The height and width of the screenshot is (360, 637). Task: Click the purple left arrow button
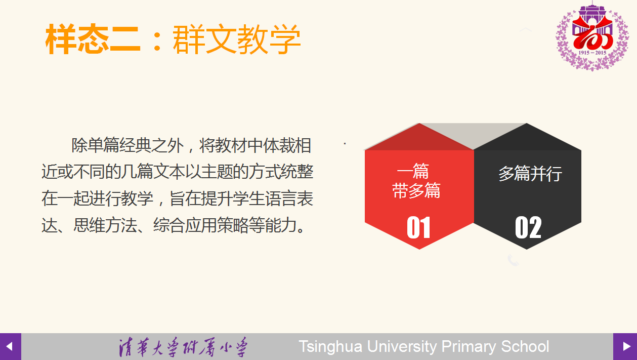point(11,346)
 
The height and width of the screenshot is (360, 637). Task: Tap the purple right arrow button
point(625,346)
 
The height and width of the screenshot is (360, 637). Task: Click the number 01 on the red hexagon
point(418,227)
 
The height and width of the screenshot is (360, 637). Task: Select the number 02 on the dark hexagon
point(528,227)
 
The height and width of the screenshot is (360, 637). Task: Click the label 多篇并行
point(530,173)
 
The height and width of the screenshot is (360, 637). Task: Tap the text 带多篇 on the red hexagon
point(416,190)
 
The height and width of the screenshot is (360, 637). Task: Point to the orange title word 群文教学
point(237,39)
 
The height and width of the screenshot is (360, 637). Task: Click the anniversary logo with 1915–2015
point(592,36)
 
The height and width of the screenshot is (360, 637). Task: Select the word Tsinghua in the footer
point(330,347)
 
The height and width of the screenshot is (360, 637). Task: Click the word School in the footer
point(525,346)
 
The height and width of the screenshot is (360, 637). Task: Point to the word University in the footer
point(402,347)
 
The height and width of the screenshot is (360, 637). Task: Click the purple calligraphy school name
point(183,347)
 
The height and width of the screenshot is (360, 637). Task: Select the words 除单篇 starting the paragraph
point(95,145)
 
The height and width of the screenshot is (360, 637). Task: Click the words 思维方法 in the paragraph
point(105,225)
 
